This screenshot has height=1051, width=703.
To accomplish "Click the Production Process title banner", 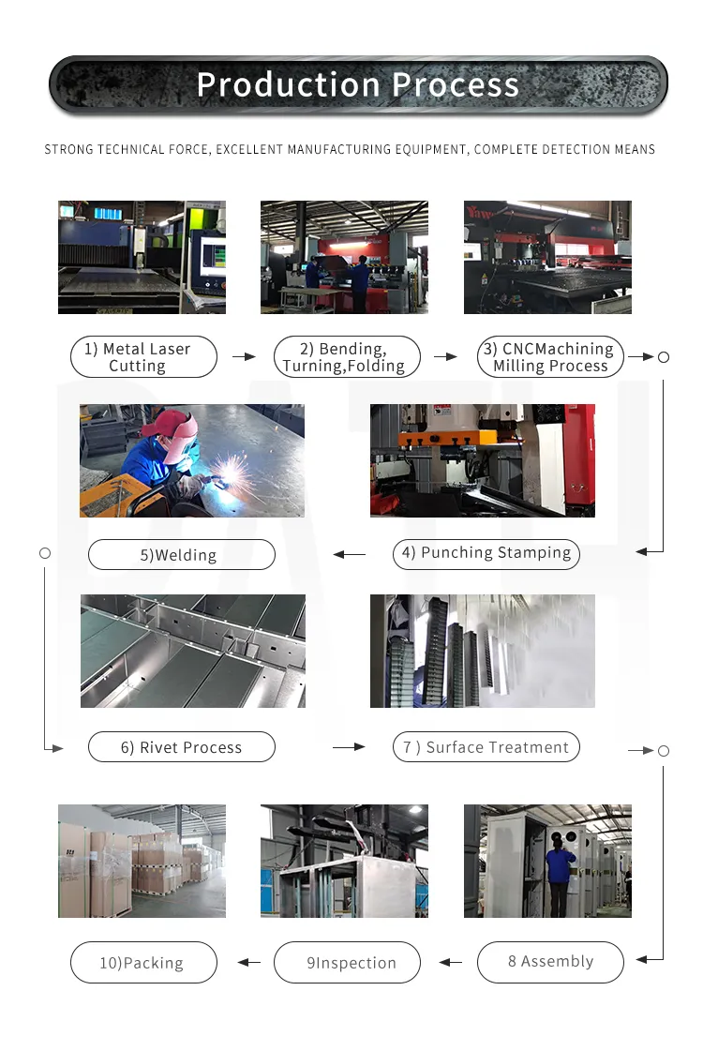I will [358, 85].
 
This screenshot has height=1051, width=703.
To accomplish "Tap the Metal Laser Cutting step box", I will [143, 357].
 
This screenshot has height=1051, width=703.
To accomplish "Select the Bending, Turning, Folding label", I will [347, 357].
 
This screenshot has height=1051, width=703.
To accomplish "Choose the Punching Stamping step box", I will [486, 553].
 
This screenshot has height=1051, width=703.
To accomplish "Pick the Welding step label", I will [181, 555].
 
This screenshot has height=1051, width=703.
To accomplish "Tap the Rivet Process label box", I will [181, 747].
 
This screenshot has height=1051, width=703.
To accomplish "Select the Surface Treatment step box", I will [486, 747].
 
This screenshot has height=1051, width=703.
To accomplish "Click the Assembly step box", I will [550, 962].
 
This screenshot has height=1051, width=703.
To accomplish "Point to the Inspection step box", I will [347, 963].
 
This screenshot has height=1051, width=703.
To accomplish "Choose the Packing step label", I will [143, 963].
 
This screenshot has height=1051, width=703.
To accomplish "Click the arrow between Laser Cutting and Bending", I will [244, 357].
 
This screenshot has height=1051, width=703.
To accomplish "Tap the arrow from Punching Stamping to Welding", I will [350, 555].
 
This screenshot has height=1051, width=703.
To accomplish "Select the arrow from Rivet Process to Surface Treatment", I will [349, 747].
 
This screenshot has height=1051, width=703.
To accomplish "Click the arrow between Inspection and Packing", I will [248, 962].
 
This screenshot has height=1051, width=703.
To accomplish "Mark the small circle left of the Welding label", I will [44, 553].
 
